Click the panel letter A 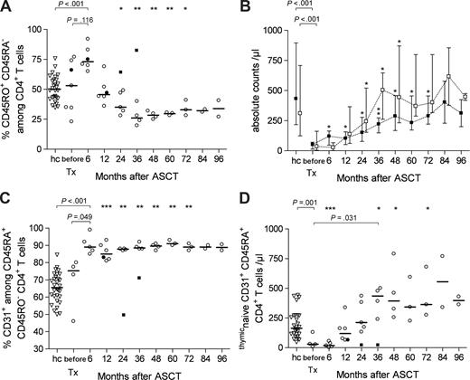[x=7, y=8]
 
